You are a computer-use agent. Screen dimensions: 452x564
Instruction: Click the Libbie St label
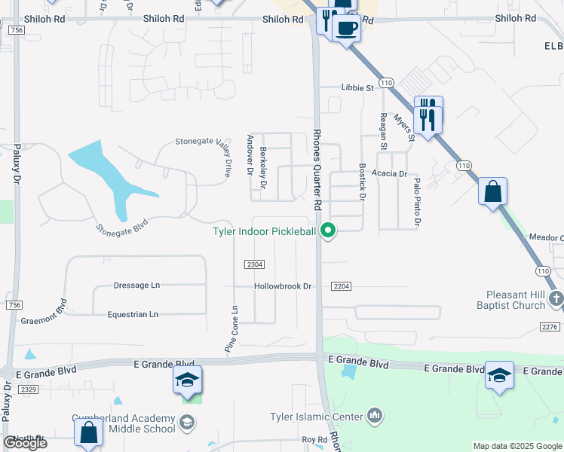pyautogui.click(x=357, y=88)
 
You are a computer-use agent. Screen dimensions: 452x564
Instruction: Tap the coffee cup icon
pyautogui.click(x=346, y=29)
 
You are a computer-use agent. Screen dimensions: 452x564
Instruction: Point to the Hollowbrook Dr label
pyautogui.click(x=283, y=286)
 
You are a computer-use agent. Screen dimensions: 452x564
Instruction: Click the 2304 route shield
pyautogui.click(x=255, y=264)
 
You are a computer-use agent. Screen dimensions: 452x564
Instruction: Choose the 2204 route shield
pyautogui.click(x=342, y=286)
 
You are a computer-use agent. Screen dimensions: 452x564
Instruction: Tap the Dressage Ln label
pyautogui.click(x=136, y=286)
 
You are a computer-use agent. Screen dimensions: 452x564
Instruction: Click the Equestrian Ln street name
pyautogui.click(x=133, y=314)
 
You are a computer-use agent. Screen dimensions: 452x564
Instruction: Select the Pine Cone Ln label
pyautogui.click(x=234, y=329)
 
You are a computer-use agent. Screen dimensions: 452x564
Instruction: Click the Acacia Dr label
pyautogui.click(x=389, y=173)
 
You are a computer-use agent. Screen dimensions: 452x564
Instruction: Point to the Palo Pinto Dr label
pyautogui.click(x=415, y=203)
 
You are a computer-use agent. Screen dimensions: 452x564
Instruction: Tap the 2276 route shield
pyautogui.click(x=550, y=326)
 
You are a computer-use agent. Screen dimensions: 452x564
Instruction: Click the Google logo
pyautogui.click(x=25, y=443)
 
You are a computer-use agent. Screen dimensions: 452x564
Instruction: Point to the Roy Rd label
pyautogui.click(x=314, y=439)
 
